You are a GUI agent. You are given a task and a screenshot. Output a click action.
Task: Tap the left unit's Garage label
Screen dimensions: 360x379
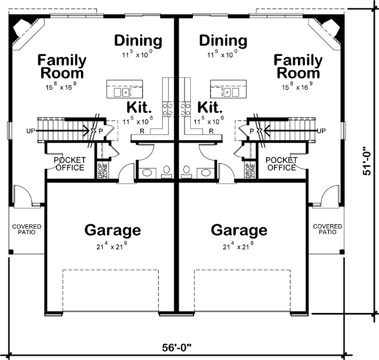[x=112, y=230]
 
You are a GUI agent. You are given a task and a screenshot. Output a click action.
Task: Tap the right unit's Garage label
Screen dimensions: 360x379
[x=239, y=230]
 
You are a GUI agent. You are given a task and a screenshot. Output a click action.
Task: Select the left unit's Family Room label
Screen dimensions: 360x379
[x=62, y=66]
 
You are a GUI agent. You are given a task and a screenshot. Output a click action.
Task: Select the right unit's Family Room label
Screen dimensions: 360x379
[x=297, y=66]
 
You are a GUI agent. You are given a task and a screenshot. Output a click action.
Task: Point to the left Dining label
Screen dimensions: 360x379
[x=138, y=40]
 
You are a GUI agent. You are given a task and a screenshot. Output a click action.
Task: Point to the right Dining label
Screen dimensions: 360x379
[x=223, y=40]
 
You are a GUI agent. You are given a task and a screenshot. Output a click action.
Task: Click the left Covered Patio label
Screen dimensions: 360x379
[x=27, y=229]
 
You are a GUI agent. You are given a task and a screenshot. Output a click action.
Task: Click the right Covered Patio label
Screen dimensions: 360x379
[x=327, y=229]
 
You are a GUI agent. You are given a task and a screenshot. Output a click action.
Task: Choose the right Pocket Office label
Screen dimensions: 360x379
[x=281, y=164]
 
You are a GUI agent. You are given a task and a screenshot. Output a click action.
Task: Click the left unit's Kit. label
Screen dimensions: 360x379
[x=139, y=108]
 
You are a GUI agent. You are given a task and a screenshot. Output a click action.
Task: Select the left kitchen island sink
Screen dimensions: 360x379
[x=125, y=92]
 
